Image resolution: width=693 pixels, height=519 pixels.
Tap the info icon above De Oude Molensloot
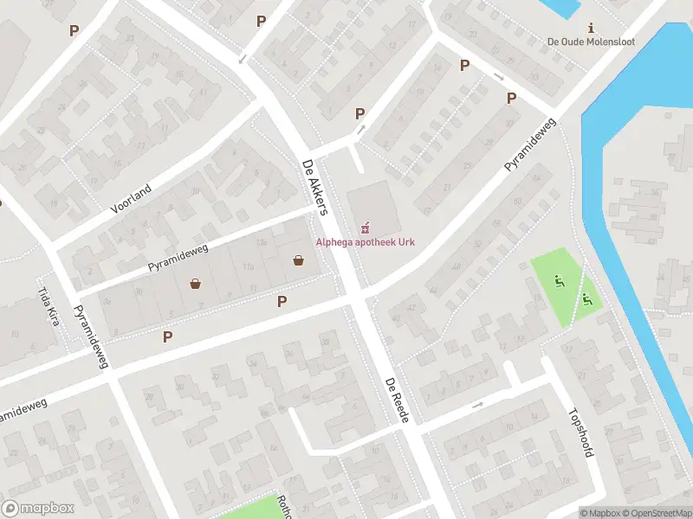pos(592,28)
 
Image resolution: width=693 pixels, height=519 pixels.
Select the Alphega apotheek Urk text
pos(364,241)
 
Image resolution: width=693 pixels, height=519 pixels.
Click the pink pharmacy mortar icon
pos(366,227)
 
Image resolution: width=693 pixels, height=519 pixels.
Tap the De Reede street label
pos(402,400)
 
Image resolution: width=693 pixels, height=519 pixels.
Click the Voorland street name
pos(131,198)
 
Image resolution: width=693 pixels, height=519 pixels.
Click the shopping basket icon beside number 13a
pos(299,259)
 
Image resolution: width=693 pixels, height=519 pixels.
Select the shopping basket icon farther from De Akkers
pos(195,283)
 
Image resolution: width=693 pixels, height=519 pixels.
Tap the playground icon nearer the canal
pos(588,299)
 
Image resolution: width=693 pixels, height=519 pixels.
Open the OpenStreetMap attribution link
pos(656,513)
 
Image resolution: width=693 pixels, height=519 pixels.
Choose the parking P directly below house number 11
pos(282,301)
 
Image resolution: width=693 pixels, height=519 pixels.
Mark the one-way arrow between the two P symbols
pos(499,77)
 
